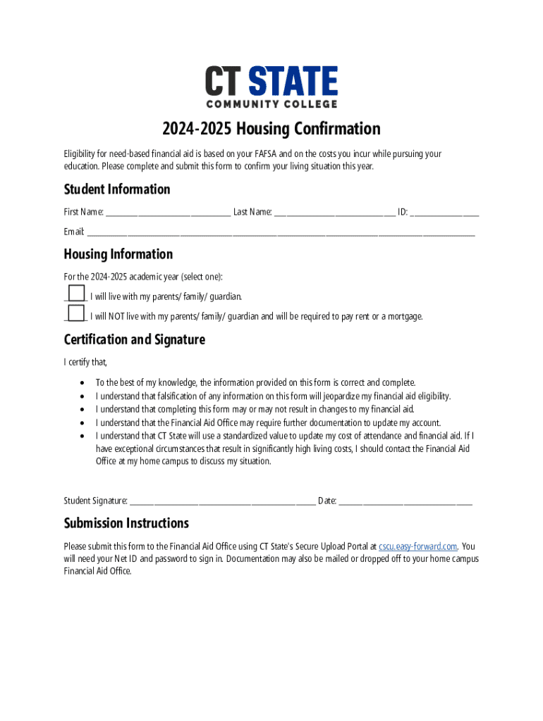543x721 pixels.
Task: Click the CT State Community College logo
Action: (271, 87)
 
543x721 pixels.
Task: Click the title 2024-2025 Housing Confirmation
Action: (271, 129)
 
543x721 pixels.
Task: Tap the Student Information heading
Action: (117, 189)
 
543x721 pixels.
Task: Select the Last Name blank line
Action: (335, 213)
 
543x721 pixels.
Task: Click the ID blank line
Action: (445, 213)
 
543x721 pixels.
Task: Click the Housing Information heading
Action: (118, 254)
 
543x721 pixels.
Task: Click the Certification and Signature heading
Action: (134, 339)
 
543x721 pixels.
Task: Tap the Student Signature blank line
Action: (222, 502)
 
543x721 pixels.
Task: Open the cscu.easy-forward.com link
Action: (418, 546)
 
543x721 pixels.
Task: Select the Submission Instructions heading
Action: (126, 523)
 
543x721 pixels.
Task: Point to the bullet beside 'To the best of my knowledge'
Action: (83, 383)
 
